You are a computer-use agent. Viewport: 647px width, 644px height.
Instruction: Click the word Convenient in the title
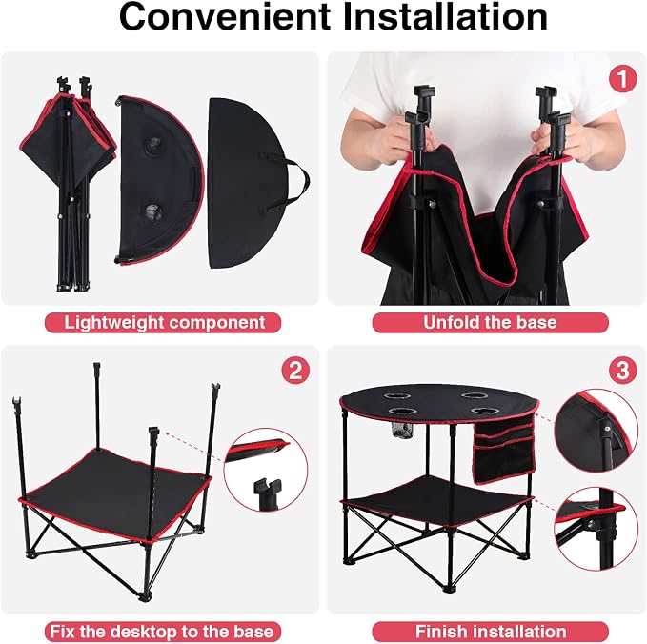pos(225,17)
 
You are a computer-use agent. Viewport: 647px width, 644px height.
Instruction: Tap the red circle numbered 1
pos(622,79)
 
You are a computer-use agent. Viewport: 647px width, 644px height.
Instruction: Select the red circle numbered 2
pos(295,370)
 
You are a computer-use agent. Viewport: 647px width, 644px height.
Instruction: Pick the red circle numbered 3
pos(622,370)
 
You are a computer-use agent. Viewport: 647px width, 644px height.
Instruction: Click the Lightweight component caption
pos(163,322)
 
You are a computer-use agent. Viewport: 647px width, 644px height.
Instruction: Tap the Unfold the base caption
pos(490,322)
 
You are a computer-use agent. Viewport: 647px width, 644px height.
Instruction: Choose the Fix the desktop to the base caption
pos(163,632)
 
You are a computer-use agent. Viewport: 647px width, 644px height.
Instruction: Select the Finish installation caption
pos(490,632)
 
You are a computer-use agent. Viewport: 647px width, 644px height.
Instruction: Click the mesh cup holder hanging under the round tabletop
pos(401,431)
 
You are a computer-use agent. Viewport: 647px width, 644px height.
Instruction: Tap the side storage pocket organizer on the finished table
pos(504,449)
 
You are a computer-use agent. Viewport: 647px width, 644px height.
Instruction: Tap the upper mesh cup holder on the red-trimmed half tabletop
pos(152,147)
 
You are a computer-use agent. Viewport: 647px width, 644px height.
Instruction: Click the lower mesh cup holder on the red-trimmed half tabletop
pos(154,212)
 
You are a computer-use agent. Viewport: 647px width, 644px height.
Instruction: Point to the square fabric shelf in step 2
pos(115,496)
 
